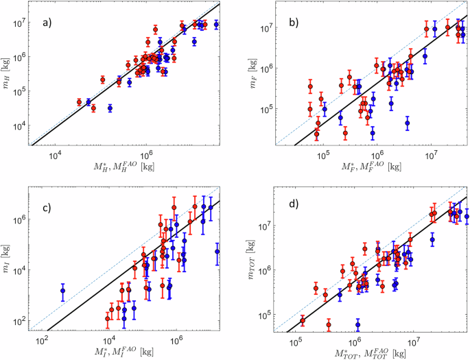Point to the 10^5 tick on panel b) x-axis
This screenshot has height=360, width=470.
pos(323,155)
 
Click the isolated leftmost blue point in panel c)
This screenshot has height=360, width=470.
pos(62,291)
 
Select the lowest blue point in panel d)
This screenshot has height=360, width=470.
pos(357,324)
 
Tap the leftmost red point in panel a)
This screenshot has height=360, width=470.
pos(79,101)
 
